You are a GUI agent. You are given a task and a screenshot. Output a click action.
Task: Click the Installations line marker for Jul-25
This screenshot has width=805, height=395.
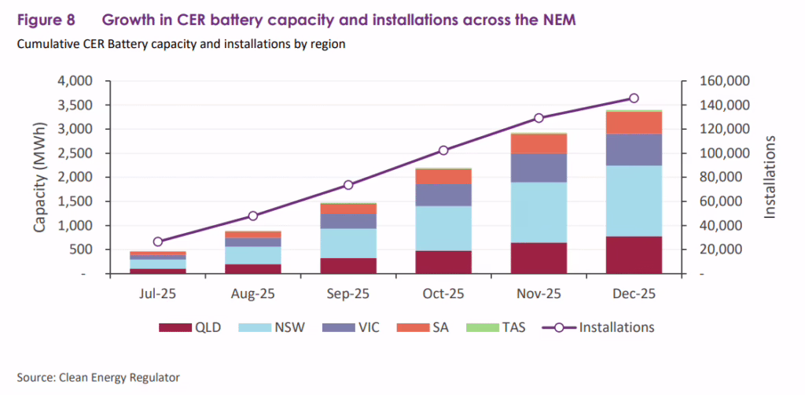tap(158, 242)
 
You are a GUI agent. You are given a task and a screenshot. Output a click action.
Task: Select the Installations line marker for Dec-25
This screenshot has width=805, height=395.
tap(634, 98)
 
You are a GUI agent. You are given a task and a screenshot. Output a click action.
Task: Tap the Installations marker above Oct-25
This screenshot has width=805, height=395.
tap(443, 150)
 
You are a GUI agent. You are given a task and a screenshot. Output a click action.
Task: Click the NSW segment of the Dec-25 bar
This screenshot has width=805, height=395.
tap(634, 201)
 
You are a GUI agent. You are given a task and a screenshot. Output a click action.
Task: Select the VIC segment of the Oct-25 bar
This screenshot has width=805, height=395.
tap(443, 194)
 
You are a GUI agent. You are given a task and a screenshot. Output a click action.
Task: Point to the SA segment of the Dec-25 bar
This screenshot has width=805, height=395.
tap(634, 123)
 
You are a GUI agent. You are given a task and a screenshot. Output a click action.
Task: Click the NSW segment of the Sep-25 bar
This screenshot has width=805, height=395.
tap(348, 243)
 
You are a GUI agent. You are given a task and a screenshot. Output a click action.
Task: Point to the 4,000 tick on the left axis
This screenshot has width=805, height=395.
tap(76, 81)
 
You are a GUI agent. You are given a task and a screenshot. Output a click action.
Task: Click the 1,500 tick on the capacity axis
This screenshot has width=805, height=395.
tap(76, 201)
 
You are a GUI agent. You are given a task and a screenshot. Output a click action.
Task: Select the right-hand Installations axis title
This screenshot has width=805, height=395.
tap(770, 177)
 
